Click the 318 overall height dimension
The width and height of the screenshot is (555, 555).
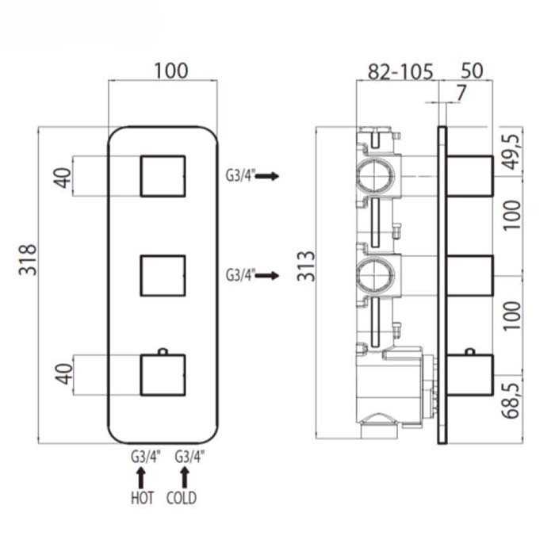pyautogui.click(x=28, y=259)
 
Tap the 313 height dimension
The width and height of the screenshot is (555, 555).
pyautogui.click(x=305, y=266)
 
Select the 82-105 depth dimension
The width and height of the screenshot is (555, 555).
pyautogui.click(x=400, y=71)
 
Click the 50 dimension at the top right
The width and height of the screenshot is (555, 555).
pyautogui.click(x=472, y=71)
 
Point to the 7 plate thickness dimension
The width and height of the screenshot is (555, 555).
pyautogui.click(x=461, y=93)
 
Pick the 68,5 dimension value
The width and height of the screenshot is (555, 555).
pyautogui.click(x=512, y=400)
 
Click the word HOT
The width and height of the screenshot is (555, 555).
pyautogui.click(x=142, y=498)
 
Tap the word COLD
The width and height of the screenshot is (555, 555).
pyautogui.click(x=182, y=498)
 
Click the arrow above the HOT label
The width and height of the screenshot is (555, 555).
pyautogui.click(x=141, y=478)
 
